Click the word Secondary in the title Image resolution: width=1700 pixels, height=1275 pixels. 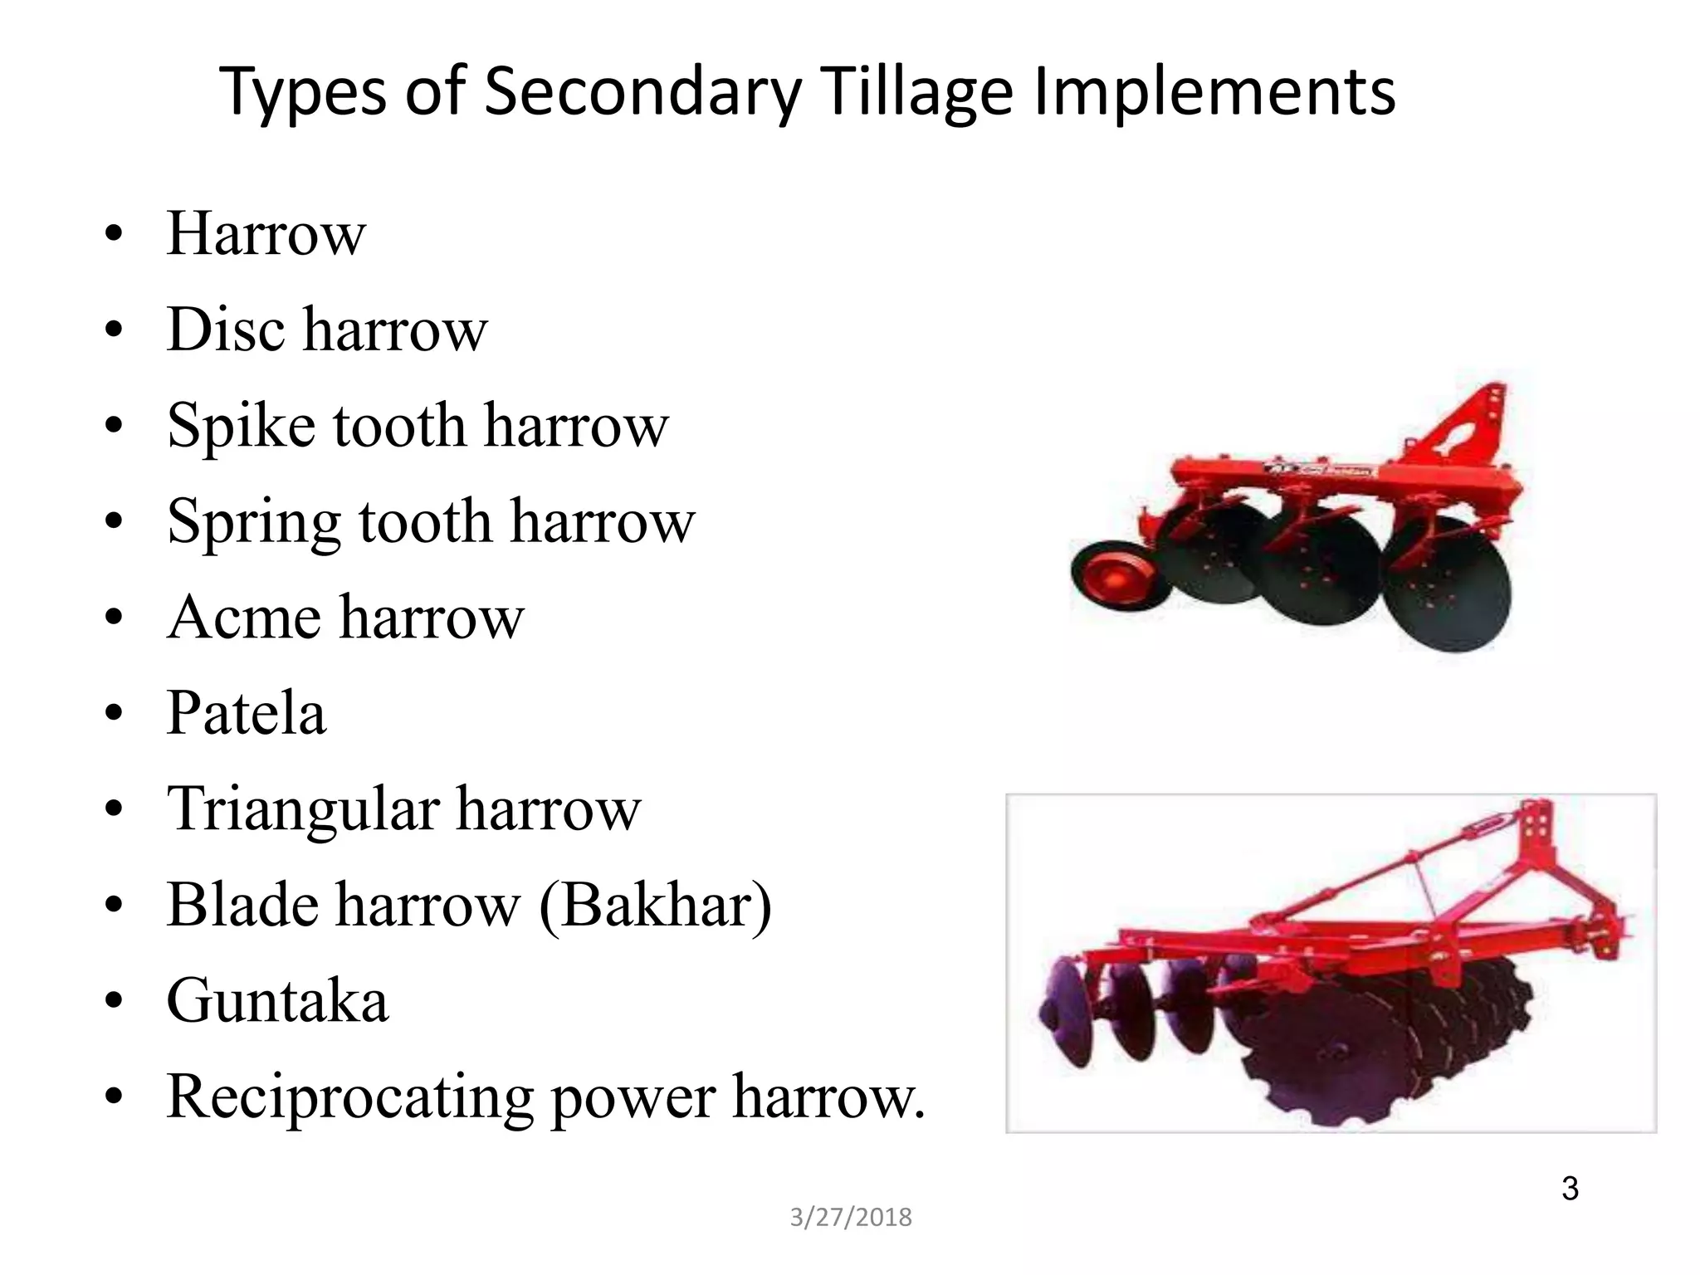coord(642,91)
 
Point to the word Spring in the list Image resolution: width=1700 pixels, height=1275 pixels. coord(253,523)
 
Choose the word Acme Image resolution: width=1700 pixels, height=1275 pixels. coord(244,618)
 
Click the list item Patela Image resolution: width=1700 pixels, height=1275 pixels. coord(247,713)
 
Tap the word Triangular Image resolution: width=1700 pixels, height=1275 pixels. coord(302,810)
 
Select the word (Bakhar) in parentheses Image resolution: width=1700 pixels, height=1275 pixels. coord(656,906)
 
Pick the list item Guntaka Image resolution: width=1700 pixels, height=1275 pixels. coord(277,1001)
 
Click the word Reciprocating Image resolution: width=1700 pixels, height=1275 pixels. coord(349,1098)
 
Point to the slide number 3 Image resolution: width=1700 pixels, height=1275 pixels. coord(1569,1189)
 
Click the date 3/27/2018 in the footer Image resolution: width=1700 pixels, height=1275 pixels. coord(850,1217)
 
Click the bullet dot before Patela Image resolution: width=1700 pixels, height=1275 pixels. coord(115,713)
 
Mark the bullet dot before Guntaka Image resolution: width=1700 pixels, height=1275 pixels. coord(115,1001)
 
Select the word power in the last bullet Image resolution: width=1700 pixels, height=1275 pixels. coord(633,1098)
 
